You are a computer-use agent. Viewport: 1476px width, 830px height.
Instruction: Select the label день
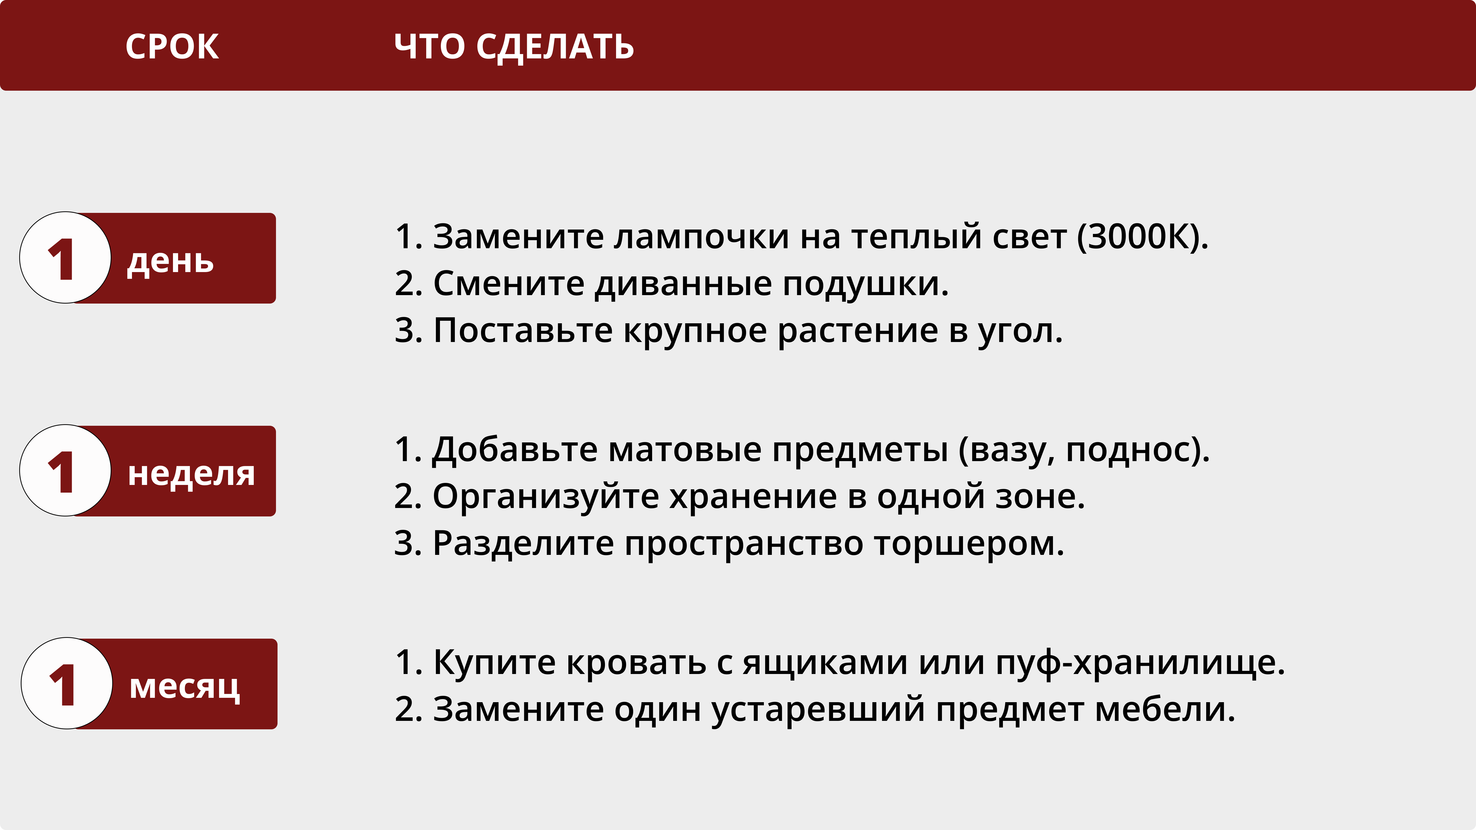tap(170, 262)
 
